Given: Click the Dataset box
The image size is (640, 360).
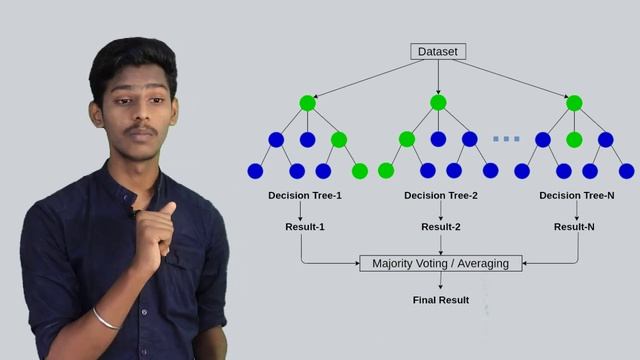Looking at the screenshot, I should coord(438,51).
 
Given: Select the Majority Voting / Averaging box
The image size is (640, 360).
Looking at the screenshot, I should coord(440,263).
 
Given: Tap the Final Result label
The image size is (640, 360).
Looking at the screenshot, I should coord(440,300).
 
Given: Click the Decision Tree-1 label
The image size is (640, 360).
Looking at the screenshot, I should coord(305,195).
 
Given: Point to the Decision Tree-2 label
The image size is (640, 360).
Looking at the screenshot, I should coord(441,195).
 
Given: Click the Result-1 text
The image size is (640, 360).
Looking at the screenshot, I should coord(305,227).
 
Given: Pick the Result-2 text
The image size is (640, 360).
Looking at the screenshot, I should coord(441,227).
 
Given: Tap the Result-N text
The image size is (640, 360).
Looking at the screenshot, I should coord(575,227).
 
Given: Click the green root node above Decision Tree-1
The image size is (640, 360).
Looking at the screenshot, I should coord(307,103).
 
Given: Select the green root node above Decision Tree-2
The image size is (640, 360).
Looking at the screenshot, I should coord(438,103).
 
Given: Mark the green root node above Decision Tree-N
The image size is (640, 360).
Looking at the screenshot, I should coord(574,103).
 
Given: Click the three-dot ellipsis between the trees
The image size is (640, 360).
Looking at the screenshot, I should coord(506,139).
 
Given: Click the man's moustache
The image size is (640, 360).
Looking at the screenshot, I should coord(141,131).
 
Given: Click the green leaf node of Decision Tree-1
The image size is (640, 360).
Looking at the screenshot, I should coord(360,171).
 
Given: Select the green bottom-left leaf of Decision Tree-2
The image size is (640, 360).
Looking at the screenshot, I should coord(386,171).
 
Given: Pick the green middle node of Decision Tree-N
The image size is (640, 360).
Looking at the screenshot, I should coord(574,140).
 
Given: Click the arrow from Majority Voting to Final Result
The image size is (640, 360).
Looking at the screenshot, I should coord(440,281).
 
